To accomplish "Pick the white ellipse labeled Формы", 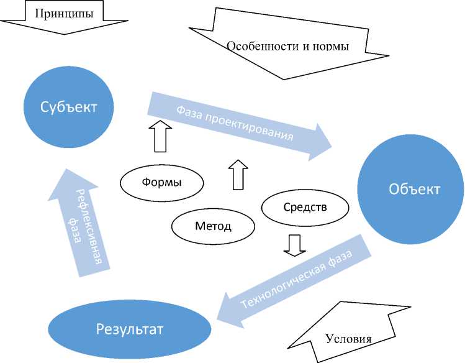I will pos(161,183).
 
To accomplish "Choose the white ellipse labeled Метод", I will pos(213,225).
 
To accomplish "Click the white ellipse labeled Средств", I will pos(304,207).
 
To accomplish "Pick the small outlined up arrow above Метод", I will pos(238,175).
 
